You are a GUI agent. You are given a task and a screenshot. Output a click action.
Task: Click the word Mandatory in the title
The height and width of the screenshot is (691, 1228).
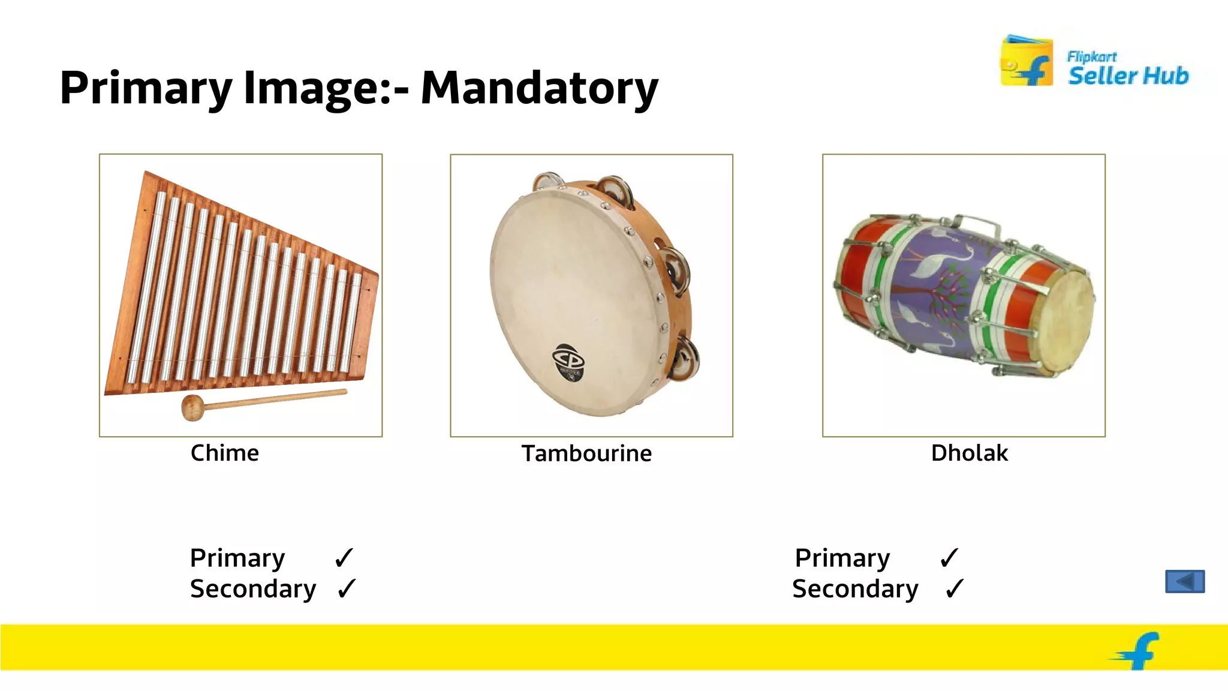pos(539,88)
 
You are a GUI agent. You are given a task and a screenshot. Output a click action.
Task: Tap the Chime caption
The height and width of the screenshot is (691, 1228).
pos(224,453)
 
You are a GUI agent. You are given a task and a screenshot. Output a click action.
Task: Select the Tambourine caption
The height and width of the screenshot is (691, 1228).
pos(586,453)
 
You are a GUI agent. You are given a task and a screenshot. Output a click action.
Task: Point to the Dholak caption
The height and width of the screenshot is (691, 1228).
pos(969,453)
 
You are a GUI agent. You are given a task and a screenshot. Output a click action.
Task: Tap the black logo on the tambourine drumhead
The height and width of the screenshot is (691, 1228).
pos(568,362)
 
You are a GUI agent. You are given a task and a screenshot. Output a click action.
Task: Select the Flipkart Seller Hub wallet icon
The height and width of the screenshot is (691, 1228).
pos(1026,62)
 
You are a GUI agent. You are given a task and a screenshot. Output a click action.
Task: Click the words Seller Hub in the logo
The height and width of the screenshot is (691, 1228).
pos(1128,76)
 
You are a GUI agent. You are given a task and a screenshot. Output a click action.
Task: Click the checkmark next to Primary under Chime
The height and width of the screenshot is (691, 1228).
pos(344,558)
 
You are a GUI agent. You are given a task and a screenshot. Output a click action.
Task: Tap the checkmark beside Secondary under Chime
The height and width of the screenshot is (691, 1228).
pos(347,588)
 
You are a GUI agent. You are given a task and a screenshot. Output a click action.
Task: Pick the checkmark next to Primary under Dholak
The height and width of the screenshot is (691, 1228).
pos(949,558)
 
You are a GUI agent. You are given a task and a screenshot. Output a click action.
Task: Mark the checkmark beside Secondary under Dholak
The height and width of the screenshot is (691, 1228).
pos(954,588)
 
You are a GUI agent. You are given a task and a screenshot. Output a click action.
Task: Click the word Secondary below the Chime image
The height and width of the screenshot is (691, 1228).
pos(252,589)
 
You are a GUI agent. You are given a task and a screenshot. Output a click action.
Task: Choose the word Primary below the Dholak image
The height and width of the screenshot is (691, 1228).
pos(842,558)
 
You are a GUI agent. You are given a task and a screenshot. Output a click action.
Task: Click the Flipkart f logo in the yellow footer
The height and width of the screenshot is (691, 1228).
pos(1136,651)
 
